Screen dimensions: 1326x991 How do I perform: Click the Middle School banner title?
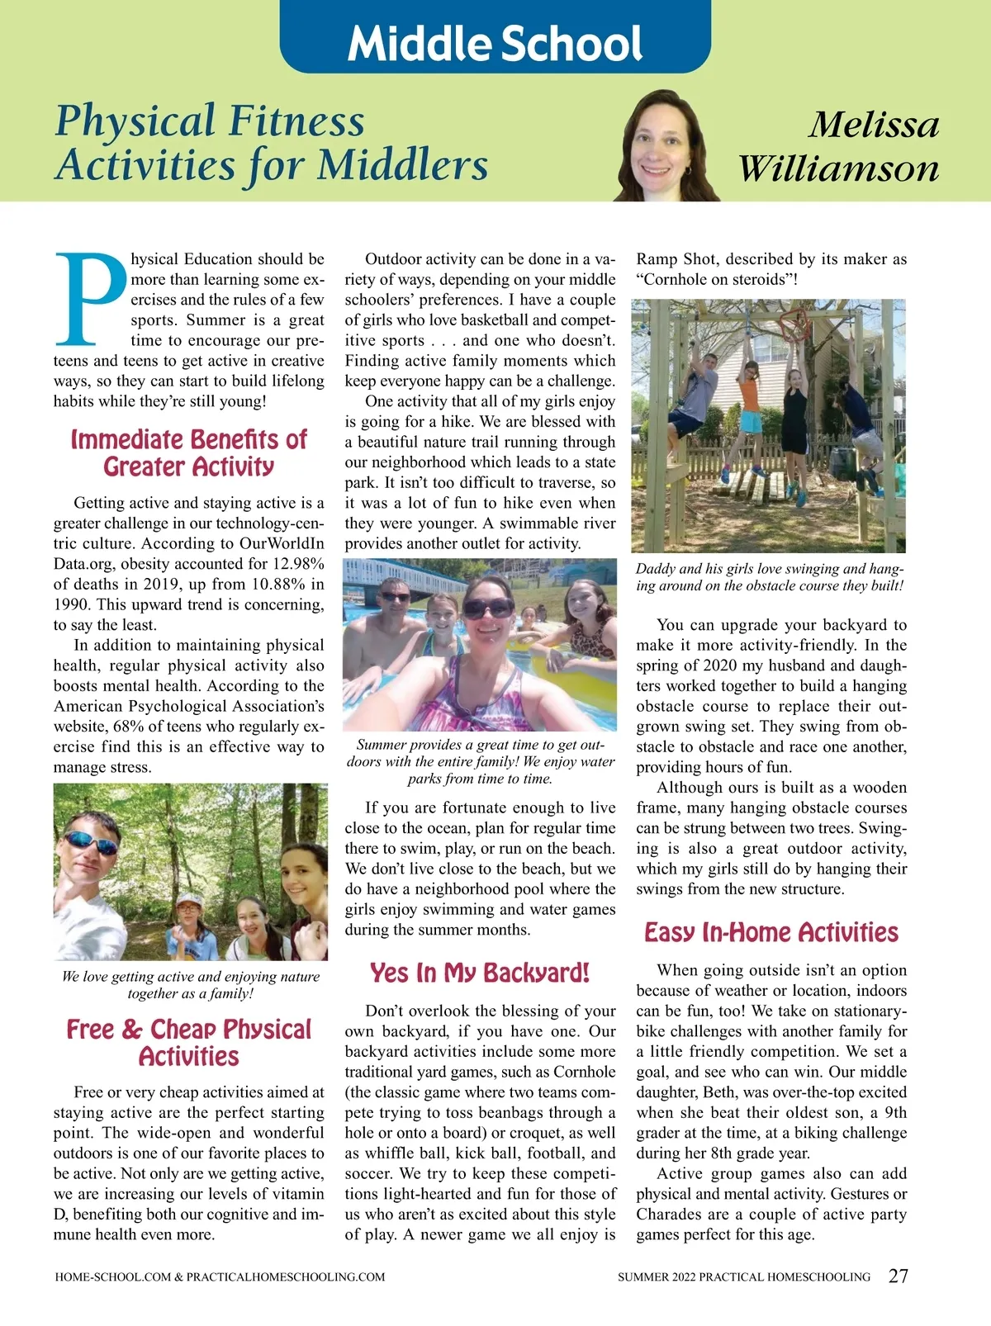point(495,43)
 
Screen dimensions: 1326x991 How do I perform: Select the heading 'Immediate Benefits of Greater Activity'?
point(188,452)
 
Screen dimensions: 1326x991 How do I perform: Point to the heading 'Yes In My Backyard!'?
point(480,973)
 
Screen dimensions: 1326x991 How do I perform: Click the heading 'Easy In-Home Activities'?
point(771,932)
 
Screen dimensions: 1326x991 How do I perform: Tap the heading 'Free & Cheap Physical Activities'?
point(188,1042)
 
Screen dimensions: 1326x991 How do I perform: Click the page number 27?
point(898,1276)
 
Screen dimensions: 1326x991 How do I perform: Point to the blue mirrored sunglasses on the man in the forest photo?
point(91,843)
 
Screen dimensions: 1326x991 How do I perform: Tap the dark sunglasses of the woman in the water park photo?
point(488,609)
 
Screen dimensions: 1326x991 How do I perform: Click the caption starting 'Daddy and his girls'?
point(770,577)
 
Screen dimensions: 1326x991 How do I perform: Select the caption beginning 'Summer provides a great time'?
point(480,761)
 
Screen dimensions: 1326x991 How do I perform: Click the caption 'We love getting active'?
point(190,984)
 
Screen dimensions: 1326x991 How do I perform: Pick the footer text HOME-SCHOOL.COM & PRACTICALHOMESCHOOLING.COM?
point(220,1276)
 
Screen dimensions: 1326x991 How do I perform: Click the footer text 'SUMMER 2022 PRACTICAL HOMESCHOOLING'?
point(744,1276)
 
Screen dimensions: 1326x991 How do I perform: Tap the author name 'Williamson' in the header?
point(838,168)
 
